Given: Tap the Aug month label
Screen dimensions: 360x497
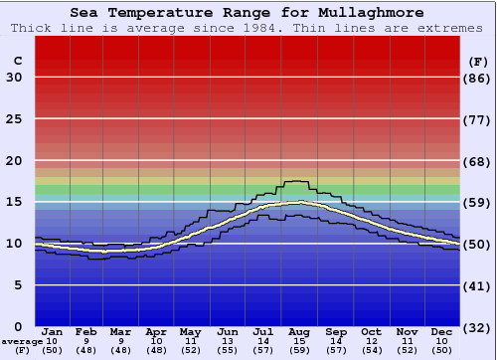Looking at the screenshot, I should [x=299, y=331].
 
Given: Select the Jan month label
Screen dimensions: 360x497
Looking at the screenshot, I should [x=53, y=331].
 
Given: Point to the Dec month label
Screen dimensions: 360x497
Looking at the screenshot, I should [x=442, y=331].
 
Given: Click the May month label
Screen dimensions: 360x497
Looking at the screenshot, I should [x=191, y=331].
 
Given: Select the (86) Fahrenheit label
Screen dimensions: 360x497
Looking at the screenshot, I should [x=477, y=78].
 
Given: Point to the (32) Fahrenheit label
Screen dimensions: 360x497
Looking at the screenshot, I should [x=477, y=327].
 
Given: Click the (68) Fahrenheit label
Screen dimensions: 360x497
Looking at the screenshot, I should [x=477, y=161].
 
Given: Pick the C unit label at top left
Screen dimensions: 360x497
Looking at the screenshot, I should [x=17, y=61].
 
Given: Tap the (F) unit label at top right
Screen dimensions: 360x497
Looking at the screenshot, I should [x=477, y=61].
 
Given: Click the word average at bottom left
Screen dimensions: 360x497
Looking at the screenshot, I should [x=22, y=341].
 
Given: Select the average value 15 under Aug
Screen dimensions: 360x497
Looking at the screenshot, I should [x=299, y=341].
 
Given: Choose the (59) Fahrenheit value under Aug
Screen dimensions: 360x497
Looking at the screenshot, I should [x=299, y=351].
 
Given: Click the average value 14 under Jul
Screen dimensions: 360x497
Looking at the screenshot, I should [x=263, y=341].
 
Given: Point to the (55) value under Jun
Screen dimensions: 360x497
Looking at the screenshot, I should [x=228, y=351].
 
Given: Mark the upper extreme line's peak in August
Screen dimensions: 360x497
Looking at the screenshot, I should [x=297, y=181].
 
